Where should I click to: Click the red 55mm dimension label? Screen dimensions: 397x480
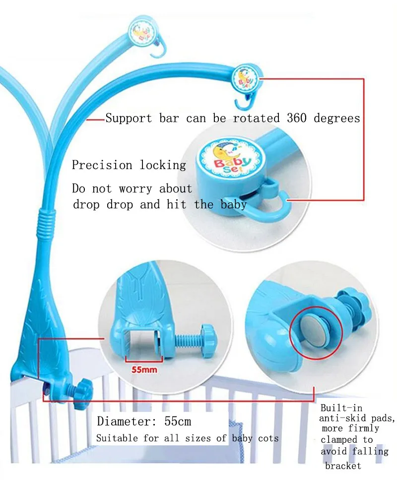click(144, 369)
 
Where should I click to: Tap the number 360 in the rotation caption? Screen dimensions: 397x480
click(297, 118)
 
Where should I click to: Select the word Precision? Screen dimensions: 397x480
click(102, 165)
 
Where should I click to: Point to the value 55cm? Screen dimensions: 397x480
click(178, 421)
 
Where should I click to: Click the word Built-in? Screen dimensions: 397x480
click(341, 408)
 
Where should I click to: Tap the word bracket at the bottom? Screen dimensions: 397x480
click(343, 466)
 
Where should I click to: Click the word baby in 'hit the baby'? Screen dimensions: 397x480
click(233, 204)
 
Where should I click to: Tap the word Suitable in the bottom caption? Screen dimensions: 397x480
click(117, 438)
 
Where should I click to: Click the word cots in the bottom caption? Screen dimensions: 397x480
click(268, 438)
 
